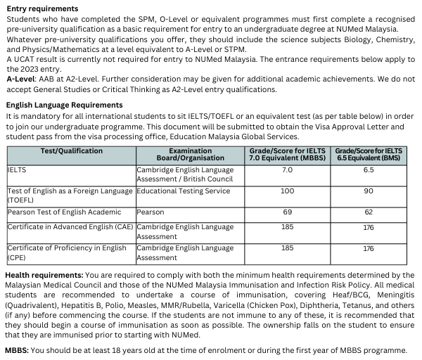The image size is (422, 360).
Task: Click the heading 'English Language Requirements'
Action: [64, 105]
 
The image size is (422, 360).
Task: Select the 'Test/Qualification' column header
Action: [72, 150]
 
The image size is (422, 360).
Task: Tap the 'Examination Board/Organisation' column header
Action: [191, 155]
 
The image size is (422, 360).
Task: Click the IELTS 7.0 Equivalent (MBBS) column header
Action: [287, 155]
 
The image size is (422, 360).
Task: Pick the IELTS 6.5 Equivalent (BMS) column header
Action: [369, 155]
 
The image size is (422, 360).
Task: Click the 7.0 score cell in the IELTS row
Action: [287, 170]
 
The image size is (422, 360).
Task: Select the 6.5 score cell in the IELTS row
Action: [369, 170]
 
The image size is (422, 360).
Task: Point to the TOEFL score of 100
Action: [287, 191]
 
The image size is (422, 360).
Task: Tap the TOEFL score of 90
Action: [369, 191]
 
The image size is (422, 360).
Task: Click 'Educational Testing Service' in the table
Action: [184, 191]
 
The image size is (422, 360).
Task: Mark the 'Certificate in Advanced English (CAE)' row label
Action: [70, 227]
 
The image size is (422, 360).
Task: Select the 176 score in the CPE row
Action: [369, 248]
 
